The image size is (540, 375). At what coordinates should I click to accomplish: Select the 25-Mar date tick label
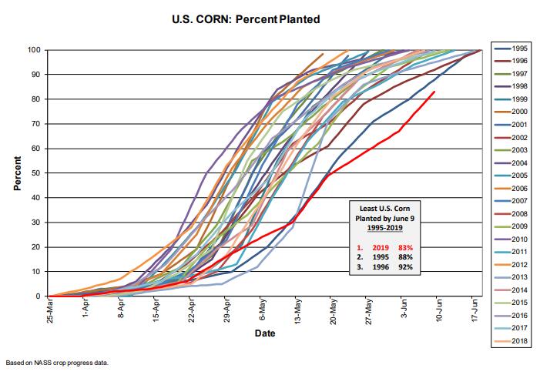point(49,313)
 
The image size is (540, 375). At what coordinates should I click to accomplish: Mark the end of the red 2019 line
point(434,92)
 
